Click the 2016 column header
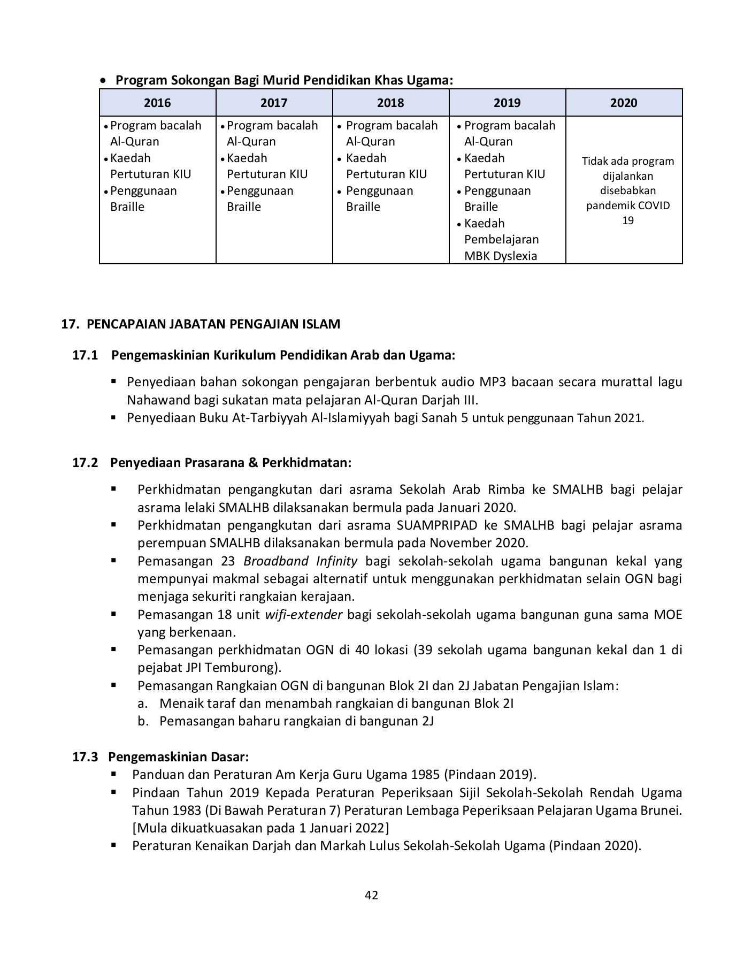click(157, 103)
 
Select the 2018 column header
click(390, 103)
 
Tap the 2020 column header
click(624, 103)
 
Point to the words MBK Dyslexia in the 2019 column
click(500, 256)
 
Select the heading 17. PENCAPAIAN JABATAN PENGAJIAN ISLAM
click(201, 324)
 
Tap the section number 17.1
click(85, 355)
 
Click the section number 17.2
click(85, 463)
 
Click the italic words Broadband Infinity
click(300, 561)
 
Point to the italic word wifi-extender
click(303, 615)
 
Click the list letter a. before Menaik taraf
click(142, 704)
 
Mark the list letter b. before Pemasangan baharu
click(142, 721)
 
